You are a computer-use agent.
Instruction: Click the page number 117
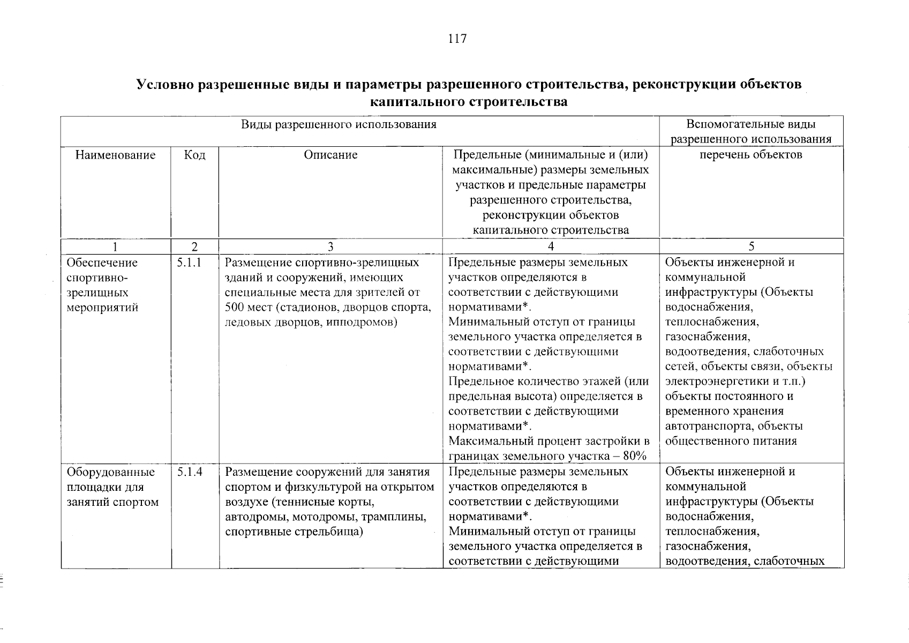457,39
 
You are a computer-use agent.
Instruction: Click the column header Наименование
115,155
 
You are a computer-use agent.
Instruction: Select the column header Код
194,155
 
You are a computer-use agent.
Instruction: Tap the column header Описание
330,155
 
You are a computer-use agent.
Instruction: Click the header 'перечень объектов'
751,155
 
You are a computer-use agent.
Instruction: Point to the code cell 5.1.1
189,263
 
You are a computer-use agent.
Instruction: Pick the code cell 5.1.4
189,473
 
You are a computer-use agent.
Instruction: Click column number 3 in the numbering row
330,246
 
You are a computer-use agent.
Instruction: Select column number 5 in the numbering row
751,246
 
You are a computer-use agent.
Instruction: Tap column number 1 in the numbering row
115,246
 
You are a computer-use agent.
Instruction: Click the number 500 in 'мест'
235,308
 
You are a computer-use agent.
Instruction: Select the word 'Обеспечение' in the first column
102,263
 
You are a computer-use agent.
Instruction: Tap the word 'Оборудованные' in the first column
110,473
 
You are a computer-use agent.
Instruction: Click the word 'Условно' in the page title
165,85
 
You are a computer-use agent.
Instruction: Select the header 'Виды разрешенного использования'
339,125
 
